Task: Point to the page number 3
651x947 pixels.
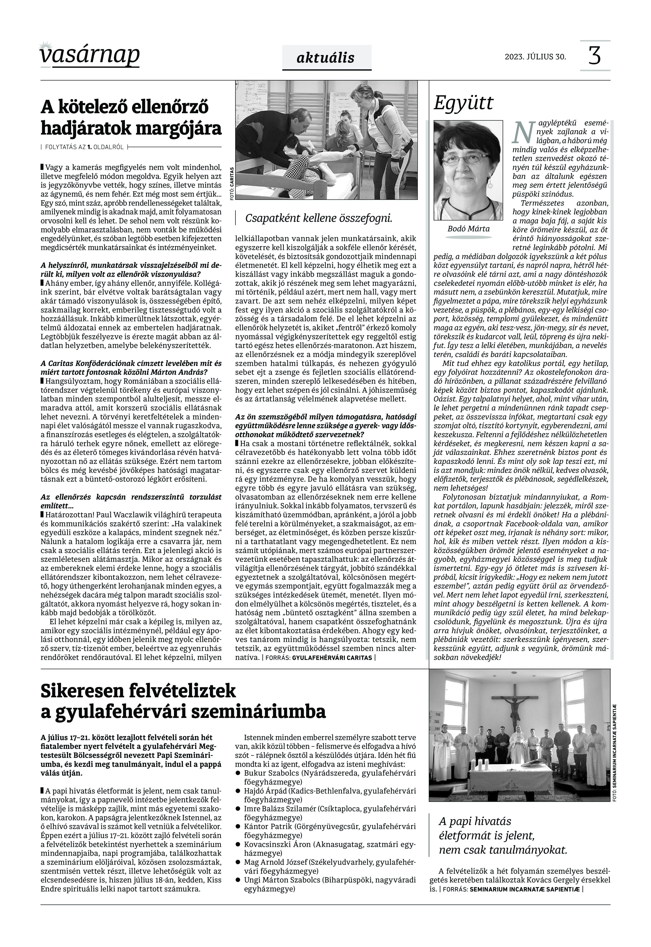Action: (595, 56)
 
